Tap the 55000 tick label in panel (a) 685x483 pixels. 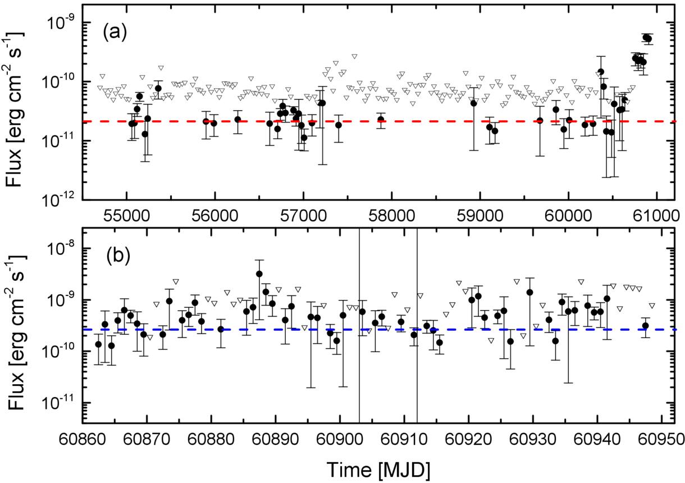click(x=126, y=216)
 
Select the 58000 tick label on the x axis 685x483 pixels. click(x=391, y=216)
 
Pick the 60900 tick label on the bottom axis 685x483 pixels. click(x=340, y=440)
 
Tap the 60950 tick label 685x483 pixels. click(x=661, y=440)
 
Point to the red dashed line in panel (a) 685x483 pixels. click(x=379, y=121)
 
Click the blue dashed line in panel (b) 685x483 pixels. click(x=379, y=330)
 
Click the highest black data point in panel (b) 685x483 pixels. click(x=259, y=274)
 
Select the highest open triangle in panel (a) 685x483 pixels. click(x=354, y=56)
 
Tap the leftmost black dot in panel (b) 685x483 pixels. click(x=98, y=344)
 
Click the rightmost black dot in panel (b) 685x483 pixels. click(x=646, y=326)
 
